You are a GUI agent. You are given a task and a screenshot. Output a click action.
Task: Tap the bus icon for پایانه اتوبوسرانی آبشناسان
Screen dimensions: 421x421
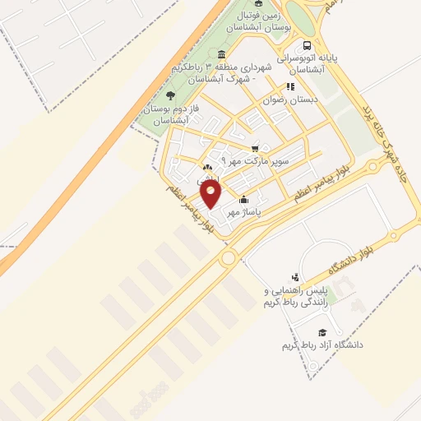point(307,46)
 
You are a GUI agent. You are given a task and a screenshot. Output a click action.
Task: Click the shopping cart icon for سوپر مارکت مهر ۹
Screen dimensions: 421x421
point(255,148)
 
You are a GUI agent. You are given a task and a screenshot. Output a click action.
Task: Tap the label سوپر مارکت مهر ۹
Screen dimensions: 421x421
point(256,161)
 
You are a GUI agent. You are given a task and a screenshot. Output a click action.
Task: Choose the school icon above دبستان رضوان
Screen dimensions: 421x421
point(289,86)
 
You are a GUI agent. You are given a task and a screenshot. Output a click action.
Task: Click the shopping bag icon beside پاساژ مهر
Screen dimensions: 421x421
point(243,200)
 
